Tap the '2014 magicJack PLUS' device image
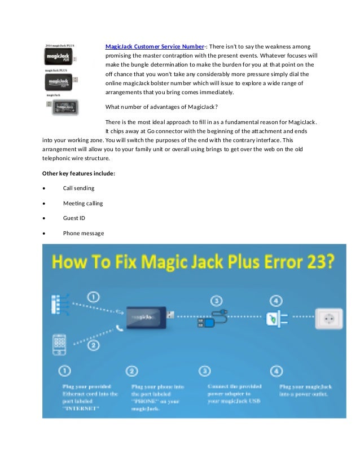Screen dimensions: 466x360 pyautogui.click(x=61, y=56)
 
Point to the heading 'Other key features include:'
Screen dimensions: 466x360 pyautogui.click(x=78, y=173)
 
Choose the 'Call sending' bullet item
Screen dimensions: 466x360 pyautogui.click(x=78, y=188)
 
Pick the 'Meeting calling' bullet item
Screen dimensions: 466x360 pyautogui.click(x=83, y=203)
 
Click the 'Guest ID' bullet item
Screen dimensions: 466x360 pyautogui.click(x=74, y=218)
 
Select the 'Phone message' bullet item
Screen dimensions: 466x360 pyautogui.click(x=84, y=234)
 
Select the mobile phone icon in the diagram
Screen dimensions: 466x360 pyautogui.click(x=60, y=344)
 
